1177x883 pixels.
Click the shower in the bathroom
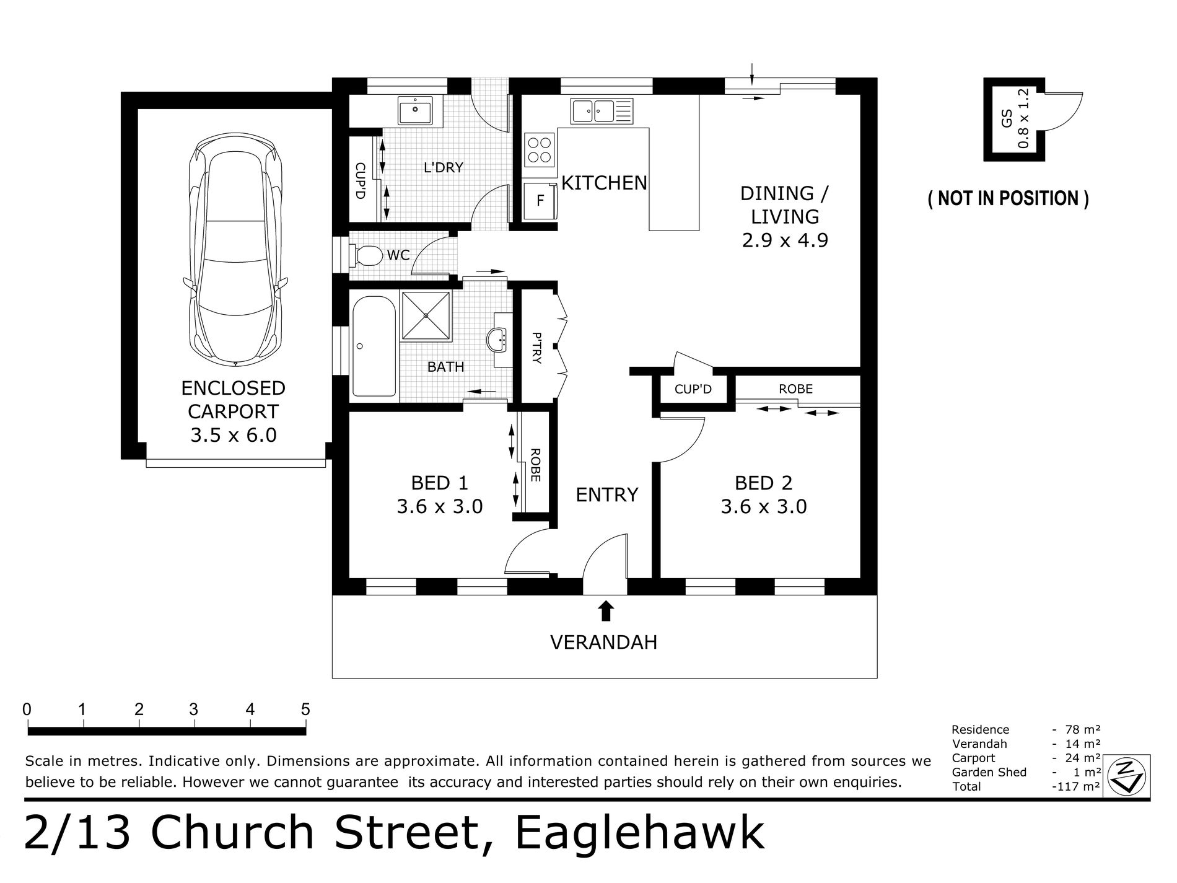pos(427,315)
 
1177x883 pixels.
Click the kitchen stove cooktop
pos(538,150)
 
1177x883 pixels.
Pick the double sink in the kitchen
pos(602,111)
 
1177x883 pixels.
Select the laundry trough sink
pos(415,112)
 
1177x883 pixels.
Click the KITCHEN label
pos(604,183)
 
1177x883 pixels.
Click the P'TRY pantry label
pos(536,348)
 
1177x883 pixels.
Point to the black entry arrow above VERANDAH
pos(606,611)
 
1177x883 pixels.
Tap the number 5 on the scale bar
pos(305,709)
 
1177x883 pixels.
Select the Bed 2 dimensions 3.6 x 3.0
pos(764,507)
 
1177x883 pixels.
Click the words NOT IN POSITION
pos(1009,198)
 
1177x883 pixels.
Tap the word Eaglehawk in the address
pos(640,833)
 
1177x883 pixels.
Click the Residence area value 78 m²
pos(1082,730)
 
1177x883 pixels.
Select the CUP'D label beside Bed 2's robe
pos(693,389)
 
